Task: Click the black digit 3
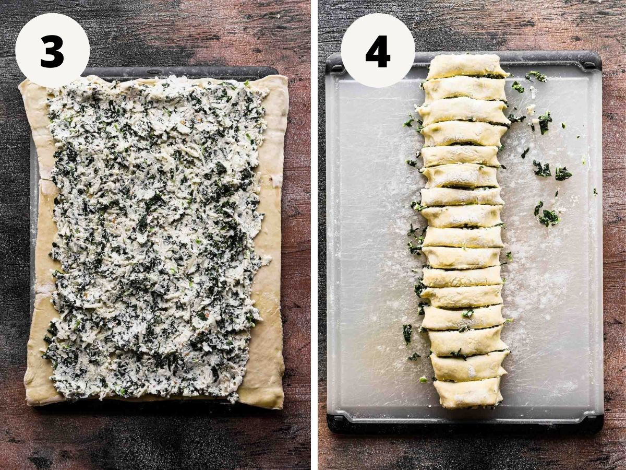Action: pyautogui.click(x=52, y=51)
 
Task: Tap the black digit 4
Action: pyautogui.click(x=378, y=51)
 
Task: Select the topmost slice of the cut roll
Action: pyautogui.click(x=466, y=66)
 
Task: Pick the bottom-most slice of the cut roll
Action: pyautogui.click(x=468, y=392)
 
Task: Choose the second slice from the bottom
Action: pyautogui.click(x=469, y=367)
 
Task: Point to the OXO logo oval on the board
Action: pyautogui.click(x=151, y=70)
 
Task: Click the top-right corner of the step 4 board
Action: pyautogui.click(x=600, y=53)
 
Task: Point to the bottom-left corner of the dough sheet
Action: pyautogui.click(x=27, y=405)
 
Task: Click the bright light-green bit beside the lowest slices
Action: pyautogui.click(x=423, y=380)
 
